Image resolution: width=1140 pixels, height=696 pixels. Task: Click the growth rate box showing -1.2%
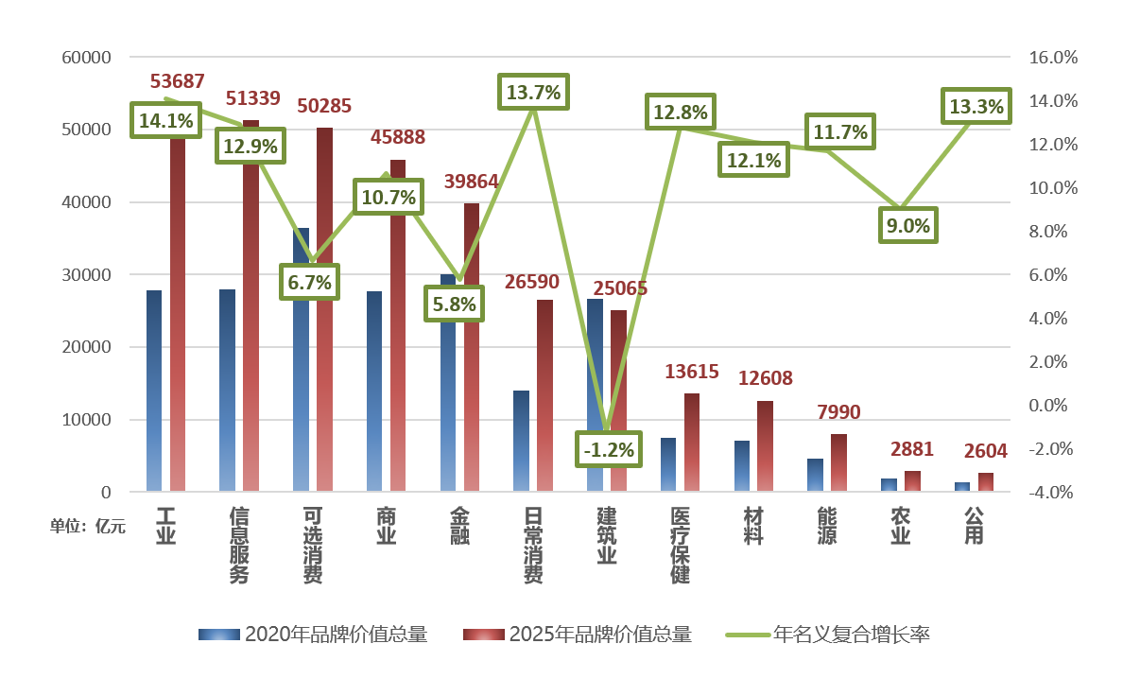[608, 449]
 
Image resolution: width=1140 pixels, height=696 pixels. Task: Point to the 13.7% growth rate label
[533, 93]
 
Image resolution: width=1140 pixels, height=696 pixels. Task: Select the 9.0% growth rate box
[907, 226]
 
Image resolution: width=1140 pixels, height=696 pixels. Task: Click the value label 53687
[178, 82]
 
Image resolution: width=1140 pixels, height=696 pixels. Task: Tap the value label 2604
[986, 451]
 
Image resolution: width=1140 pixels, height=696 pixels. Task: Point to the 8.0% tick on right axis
[1052, 232]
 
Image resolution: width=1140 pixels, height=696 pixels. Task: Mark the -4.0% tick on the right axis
[1052, 493]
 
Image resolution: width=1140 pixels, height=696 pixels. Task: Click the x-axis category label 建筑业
[607, 536]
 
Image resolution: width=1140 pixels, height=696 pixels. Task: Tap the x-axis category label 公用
[974, 526]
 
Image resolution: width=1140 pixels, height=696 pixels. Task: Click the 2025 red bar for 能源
[838, 463]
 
